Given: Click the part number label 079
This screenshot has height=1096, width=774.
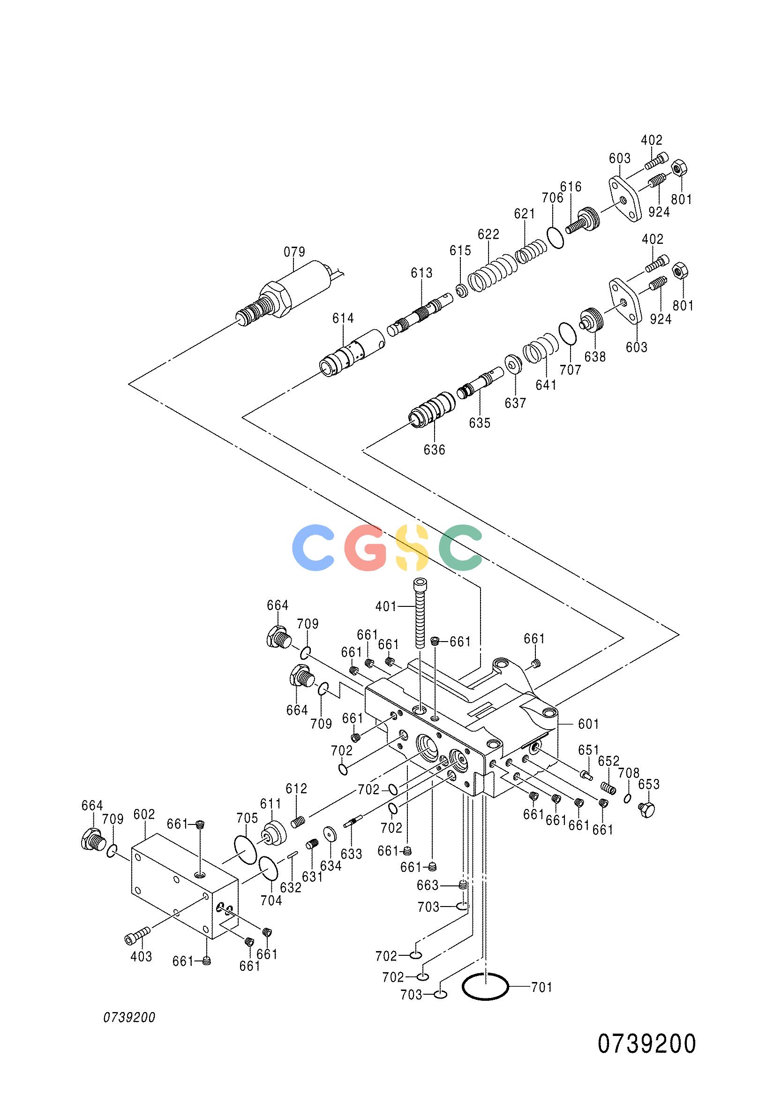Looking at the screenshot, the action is [x=294, y=251].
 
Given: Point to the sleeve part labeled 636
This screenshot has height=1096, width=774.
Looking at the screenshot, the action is [x=432, y=409].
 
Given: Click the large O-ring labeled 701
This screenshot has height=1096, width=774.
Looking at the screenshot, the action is [x=485, y=986].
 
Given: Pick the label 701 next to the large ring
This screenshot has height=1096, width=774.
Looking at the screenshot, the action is [x=541, y=987].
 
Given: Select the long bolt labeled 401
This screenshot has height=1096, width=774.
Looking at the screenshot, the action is [x=420, y=612].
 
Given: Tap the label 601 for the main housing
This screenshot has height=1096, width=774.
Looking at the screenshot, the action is [x=588, y=724].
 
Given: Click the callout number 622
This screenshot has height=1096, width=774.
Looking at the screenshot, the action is [x=488, y=234].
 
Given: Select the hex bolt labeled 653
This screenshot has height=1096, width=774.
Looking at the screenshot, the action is [x=646, y=808].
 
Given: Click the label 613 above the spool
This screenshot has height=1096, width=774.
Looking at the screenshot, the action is [x=422, y=272].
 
